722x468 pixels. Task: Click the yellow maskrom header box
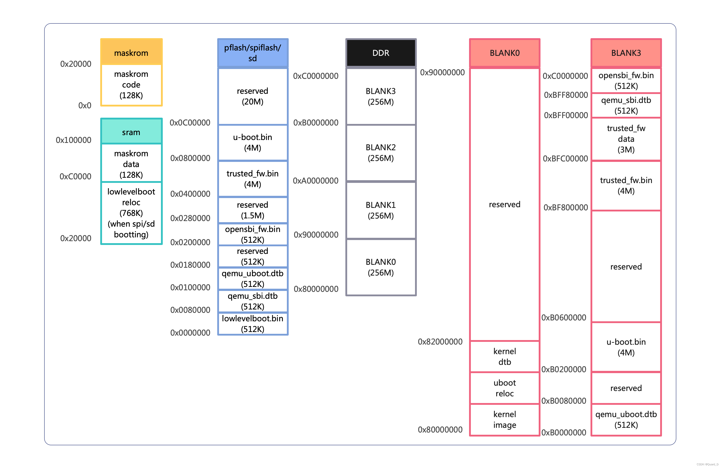pyautogui.click(x=131, y=52)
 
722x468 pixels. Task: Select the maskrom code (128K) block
pyautogui.click(x=131, y=85)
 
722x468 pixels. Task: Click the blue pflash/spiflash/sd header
pyautogui.click(x=252, y=53)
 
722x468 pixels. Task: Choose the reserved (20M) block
pyautogui.click(x=252, y=96)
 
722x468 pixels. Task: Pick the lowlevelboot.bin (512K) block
pyautogui.click(x=252, y=324)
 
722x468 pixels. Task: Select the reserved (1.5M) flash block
pyautogui.click(x=252, y=210)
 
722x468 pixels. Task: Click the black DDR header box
pyautogui.click(x=381, y=53)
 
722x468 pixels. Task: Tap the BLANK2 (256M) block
pyautogui.click(x=381, y=153)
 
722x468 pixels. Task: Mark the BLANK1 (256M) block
pyautogui.click(x=381, y=210)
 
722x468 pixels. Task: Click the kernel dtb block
pyautogui.click(x=505, y=356)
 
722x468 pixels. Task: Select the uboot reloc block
pyautogui.click(x=505, y=388)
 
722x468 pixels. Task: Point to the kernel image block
pyautogui.click(x=505, y=420)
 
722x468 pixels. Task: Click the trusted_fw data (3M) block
pyautogui.click(x=626, y=139)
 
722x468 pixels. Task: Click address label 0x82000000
pyautogui.click(x=440, y=342)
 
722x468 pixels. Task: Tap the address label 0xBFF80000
pyautogui.click(x=566, y=95)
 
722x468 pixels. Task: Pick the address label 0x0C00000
pyautogui.click(x=190, y=123)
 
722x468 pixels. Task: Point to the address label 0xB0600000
pyautogui.click(x=564, y=317)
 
